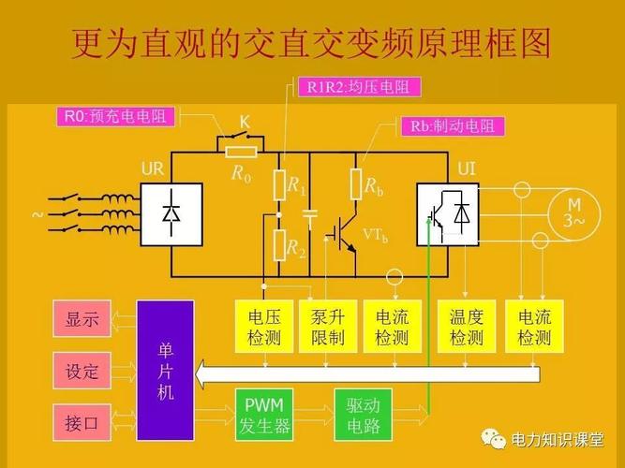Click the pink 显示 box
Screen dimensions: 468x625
(x=82, y=318)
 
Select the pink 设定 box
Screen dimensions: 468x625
(x=82, y=371)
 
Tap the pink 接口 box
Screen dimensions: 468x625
(x=82, y=421)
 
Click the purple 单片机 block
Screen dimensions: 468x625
(x=165, y=370)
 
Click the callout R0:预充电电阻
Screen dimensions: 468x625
(x=118, y=116)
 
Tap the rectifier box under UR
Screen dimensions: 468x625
(x=171, y=214)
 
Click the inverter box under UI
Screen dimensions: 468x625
(x=448, y=214)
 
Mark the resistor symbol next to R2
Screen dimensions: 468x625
(x=278, y=245)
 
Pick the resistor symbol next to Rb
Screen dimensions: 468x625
(x=356, y=184)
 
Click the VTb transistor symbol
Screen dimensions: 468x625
(x=342, y=234)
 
